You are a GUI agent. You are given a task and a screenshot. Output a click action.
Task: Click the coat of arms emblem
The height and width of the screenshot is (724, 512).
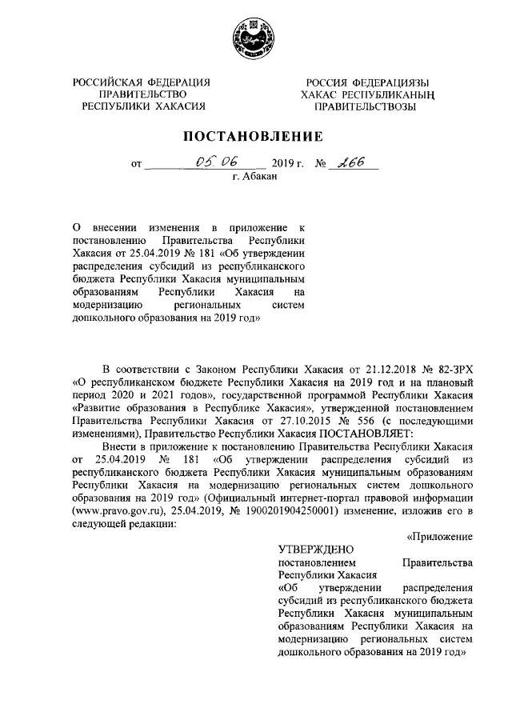254,38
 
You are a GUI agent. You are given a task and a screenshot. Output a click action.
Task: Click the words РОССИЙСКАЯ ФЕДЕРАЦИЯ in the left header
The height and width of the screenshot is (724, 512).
141,82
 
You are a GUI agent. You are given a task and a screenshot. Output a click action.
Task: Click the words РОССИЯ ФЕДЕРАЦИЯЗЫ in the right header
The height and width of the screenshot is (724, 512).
368,82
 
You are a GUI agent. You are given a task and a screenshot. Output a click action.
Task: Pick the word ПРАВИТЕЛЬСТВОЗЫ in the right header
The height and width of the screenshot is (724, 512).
365,106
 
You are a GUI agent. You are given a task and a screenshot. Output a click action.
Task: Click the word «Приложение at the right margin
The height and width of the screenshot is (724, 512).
440,535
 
